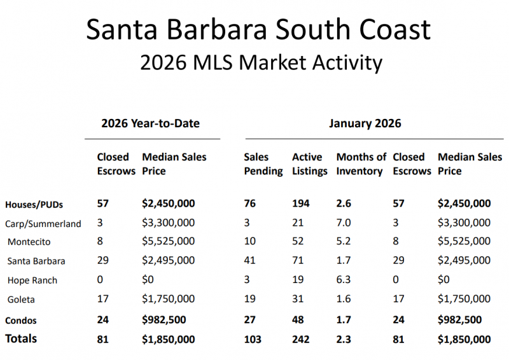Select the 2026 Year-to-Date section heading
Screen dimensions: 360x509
pos(150,123)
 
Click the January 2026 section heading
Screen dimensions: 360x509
pos(365,123)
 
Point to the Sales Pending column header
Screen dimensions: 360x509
pos(263,163)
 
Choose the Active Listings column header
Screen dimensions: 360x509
pos(309,163)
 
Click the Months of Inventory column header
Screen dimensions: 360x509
pos(361,163)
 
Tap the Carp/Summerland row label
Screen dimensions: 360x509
pos(43,223)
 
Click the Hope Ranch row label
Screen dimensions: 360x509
pos(32,280)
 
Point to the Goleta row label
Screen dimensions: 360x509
pos(22,299)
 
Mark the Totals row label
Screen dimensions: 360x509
pos(21,339)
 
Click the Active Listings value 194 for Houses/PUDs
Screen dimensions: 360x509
pos(301,204)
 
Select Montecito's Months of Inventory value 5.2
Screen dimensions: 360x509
pos(344,242)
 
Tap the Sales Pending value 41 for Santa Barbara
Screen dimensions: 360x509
pos(249,261)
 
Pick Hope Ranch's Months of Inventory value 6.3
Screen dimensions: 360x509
pos(344,280)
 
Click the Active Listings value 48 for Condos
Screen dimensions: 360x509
pos(298,319)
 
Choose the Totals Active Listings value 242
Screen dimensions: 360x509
pos(301,339)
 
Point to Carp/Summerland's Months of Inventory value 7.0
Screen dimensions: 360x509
pos(344,223)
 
